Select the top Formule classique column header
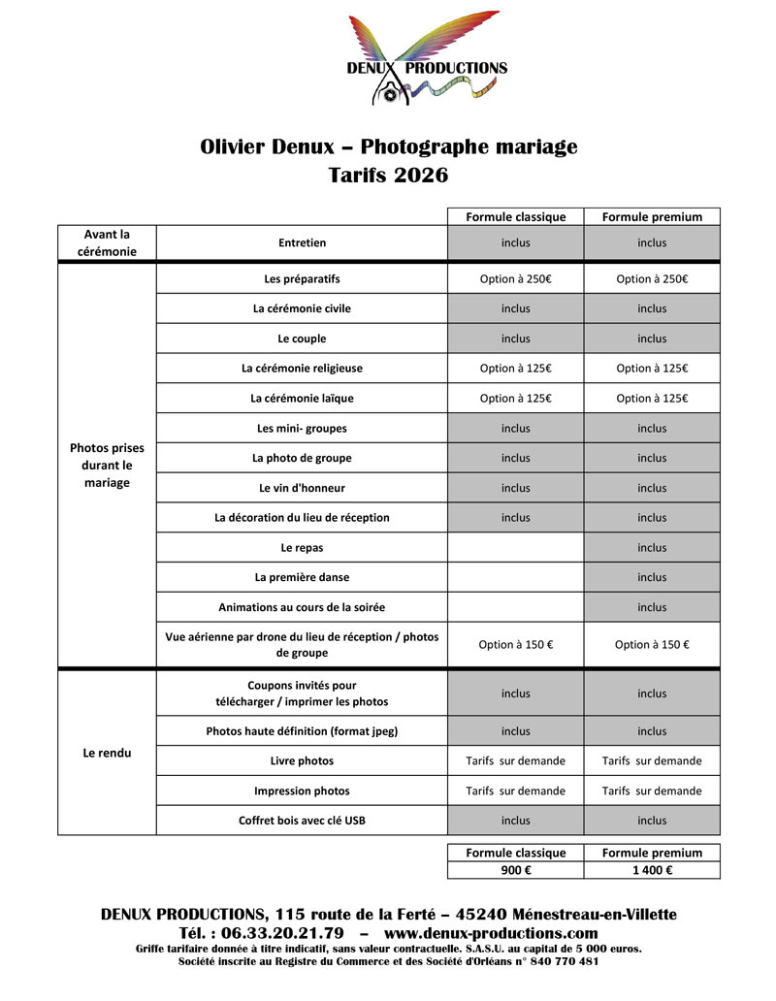pos(515,216)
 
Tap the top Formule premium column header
pos(652,216)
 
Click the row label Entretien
pos(302,242)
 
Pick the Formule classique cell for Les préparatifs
pos(515,279)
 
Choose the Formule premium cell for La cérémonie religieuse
pos(652,369)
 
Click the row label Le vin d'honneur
pos(302,488)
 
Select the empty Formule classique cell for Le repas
pos(515,547)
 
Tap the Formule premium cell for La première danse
pos(652,577)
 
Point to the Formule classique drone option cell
pos(515,645)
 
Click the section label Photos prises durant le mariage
pos(107,466)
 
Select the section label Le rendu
pos(107,752)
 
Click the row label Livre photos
pos(302,760)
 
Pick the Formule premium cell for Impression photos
pos(652,791)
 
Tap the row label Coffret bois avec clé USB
pos(302,821)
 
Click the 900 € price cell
pos(515,870)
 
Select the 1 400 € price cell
pos(652,870)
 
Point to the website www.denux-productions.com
pos(491,933)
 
